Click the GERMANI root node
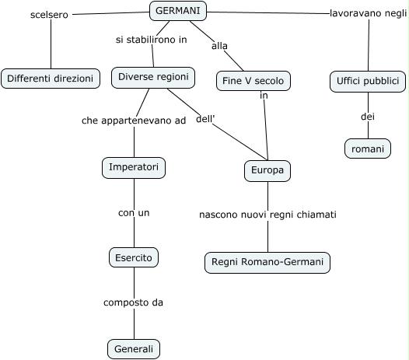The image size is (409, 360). coord(178,11)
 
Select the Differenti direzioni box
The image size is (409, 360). coord(51,79)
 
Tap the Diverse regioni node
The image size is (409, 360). coord(153,78)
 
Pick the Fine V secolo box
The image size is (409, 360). coord(253,81)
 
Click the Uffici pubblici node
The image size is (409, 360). coord(368,82)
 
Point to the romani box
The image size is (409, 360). coord(368,149)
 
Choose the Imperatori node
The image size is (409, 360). coord(134,168)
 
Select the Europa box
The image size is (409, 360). coord(267,171)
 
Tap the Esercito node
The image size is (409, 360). coord(134,257)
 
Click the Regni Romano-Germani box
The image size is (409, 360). coord(267,263)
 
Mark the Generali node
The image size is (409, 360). coord(134,349)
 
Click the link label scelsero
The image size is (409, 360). coord(49,15)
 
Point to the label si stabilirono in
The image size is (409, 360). coord(152,40)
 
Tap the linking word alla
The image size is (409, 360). coord(219,46)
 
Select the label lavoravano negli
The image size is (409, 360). coord(369,13)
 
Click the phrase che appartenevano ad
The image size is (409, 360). coord(134,121)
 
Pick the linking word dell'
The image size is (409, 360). coord(205,119)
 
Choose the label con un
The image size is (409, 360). coord(134,213)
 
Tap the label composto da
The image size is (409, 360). coord(133,302)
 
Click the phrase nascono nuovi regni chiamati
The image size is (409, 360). coord(267,215)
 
